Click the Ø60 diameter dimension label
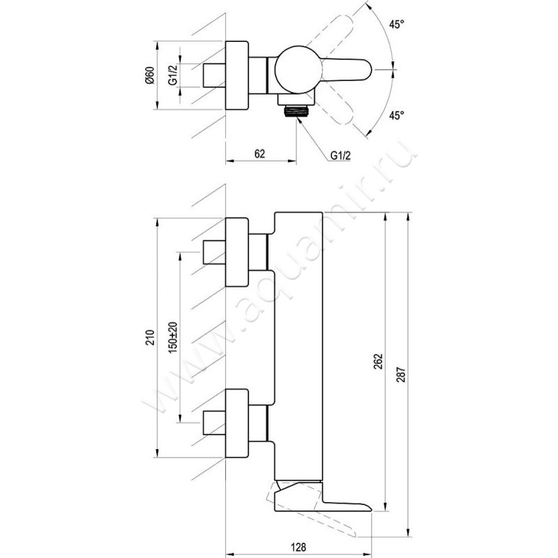click(150, 75)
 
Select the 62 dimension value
click(259, 153)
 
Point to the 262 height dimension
click(378, 361)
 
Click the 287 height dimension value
click(401, 375)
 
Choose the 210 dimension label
click(150, 338)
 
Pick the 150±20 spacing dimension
click(173, 338)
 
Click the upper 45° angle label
click(396, 24)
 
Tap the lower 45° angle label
click(396, 115)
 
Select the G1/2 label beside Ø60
click(173, 75)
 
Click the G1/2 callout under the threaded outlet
click(340, 155)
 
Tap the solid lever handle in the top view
click(346, 70)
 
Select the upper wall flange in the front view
click(237, 252)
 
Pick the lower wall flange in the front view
click(237, 423)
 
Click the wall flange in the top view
click(237, 75)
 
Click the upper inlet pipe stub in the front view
click(214, 252)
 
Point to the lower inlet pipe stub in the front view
click(214, 423)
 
